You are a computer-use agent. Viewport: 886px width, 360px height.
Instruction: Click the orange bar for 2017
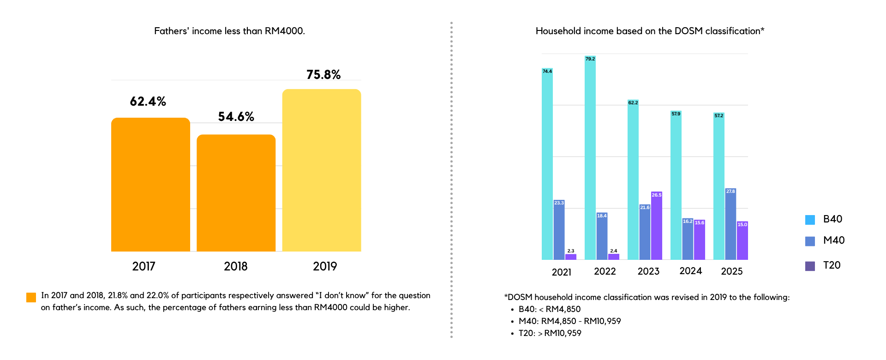pos(150,185)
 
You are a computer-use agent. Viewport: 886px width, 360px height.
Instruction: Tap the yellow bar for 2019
pos(322,170)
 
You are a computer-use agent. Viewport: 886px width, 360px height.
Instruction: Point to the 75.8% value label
pos(323,75)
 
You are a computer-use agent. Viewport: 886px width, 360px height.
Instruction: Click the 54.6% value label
pos(236,117)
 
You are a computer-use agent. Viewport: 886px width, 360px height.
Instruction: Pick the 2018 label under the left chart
pos(236,266)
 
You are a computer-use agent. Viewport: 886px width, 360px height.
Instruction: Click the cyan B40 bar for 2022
pos(590,157)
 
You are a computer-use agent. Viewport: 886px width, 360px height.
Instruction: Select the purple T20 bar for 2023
pos(657,226)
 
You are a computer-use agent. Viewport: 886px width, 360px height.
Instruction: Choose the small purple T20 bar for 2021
pos(571,257)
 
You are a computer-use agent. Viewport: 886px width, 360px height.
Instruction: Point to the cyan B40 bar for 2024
pos(676,185)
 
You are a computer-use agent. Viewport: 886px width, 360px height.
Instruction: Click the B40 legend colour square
pos(810,220)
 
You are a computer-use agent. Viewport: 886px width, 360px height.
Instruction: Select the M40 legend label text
pos(834,240)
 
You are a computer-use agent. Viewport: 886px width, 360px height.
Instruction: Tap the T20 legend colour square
pos(810,266)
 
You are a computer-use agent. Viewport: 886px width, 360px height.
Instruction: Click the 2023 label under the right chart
pos(648,271)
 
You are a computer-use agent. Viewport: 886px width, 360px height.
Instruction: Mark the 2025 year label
pos(732,271)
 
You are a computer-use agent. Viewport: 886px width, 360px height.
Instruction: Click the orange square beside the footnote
pos(31,298)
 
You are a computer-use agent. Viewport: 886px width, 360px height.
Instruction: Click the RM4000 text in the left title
pos(284,31)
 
